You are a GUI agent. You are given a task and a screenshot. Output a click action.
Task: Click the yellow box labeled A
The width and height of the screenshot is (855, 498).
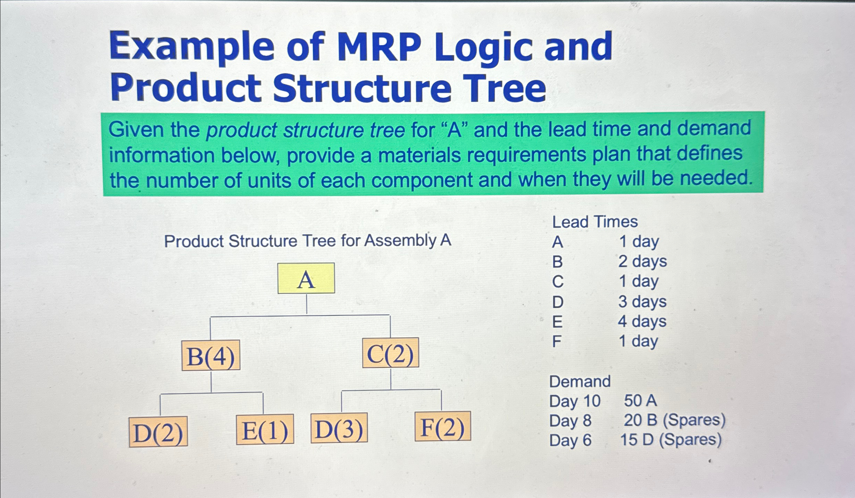point(306,278)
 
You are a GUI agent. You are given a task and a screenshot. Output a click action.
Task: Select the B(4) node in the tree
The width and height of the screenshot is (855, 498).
point(211,355)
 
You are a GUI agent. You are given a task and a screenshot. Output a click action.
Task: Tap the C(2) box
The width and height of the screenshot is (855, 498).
point(391,353)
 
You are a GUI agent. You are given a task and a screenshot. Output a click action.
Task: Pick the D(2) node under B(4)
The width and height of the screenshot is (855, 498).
point(159,432)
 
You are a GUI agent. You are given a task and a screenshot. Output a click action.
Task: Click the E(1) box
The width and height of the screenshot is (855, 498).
point(265,430)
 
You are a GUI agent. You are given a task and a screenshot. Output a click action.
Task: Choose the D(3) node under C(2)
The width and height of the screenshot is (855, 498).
point(339,428)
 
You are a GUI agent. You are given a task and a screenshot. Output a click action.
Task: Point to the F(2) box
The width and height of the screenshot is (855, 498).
point(443,427)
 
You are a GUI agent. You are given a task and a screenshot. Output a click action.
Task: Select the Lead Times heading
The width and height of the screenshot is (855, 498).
point(595,222)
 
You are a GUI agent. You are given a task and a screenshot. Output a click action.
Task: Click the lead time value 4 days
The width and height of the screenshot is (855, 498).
point(642,321)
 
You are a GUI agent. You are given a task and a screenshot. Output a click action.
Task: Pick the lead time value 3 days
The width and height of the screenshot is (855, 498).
point(642,302)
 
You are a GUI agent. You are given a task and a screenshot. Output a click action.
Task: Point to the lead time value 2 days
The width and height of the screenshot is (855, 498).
point(642,261)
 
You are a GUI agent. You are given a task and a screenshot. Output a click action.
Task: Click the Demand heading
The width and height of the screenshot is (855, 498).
point(580,382)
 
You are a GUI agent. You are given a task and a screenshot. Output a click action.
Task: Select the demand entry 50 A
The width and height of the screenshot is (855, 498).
point(640,401)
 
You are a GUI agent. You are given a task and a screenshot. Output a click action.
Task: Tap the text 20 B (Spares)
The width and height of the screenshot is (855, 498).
point(674,420)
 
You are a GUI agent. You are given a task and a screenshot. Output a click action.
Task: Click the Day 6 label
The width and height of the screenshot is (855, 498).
point(570,440)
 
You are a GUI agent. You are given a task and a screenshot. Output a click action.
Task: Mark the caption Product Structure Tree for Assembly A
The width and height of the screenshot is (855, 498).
point(308,241)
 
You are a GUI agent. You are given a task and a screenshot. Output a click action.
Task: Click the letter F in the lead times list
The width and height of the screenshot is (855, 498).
point(556,342)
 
